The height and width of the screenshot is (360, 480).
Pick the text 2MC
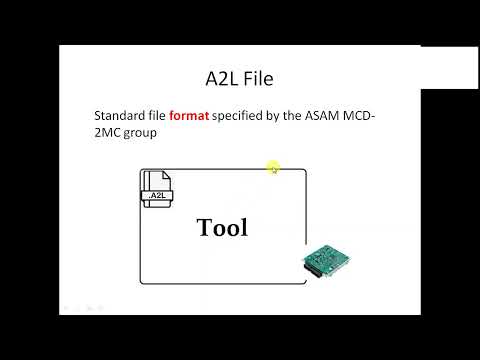click(x=109, y=132)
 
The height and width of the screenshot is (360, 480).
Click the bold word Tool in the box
click(x=222, y=227)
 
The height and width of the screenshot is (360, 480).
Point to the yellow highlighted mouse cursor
click(x=273, y=168)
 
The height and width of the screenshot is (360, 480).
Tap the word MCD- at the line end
click(x=366, y=116)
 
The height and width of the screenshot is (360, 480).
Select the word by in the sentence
click(x=277, y=116)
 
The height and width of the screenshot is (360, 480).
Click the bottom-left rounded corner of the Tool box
click(x=143, y=279)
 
